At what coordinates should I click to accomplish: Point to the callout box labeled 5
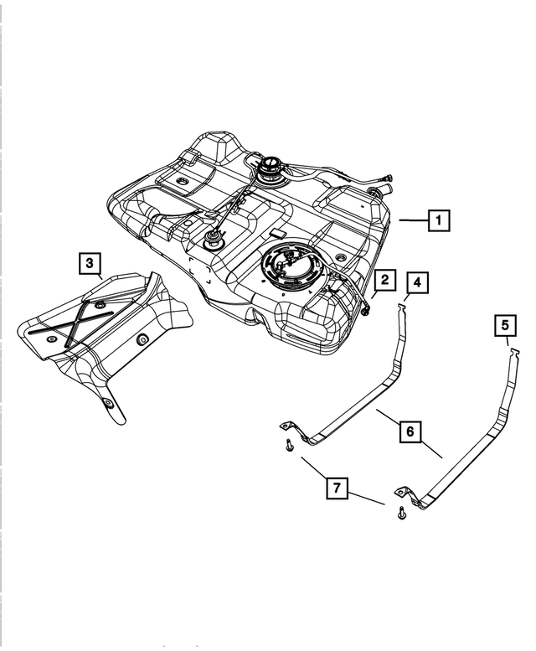[504, 324]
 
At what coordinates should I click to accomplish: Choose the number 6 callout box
[410, 431]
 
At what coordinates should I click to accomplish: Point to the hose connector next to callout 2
[368, 308]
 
